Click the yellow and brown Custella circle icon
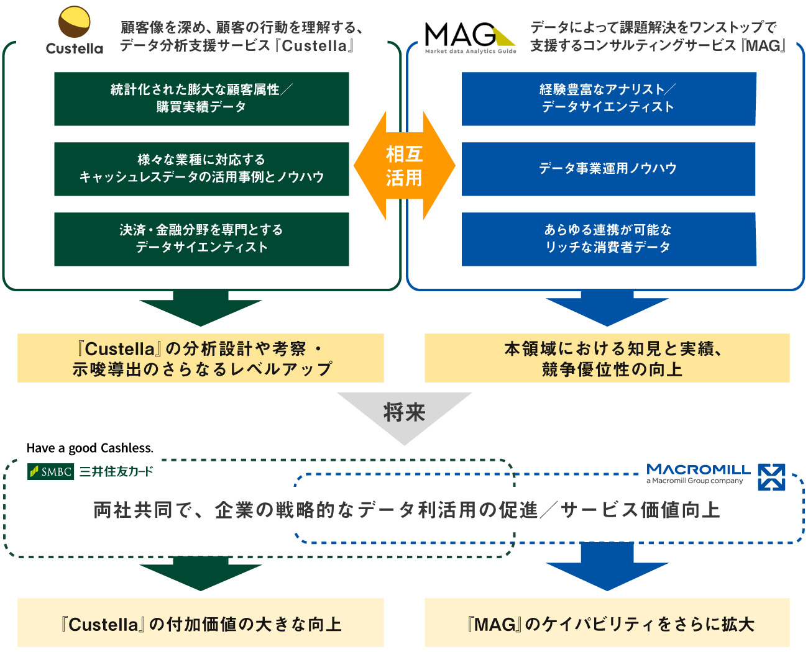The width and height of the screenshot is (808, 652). (74, 22)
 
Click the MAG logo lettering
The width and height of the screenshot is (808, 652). (460, 34)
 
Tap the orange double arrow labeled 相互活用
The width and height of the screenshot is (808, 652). (404, 166)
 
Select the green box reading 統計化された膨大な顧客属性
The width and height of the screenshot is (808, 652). (201, 99)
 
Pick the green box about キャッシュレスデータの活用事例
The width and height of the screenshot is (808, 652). (201, 169)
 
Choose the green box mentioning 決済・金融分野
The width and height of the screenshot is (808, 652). (201, 239)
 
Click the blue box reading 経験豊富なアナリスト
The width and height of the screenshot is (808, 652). (608, 99)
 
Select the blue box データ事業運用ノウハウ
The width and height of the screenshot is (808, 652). (608, 169)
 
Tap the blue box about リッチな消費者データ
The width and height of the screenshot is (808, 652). (608, 239)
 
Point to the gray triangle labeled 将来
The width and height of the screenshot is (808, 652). (405, 415)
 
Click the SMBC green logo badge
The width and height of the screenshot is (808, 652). (50, 472)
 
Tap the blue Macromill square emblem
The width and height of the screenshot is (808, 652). (771, 477)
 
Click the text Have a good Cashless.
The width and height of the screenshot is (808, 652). (90, 448)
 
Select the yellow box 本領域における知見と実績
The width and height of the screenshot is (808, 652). (607, 358)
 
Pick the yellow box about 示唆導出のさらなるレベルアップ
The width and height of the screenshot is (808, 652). (201, 358)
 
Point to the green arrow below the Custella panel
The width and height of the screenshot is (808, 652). (201, 307)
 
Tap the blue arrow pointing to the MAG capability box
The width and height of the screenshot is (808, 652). (607, 566)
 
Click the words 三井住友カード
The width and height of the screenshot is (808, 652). (116, 472)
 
